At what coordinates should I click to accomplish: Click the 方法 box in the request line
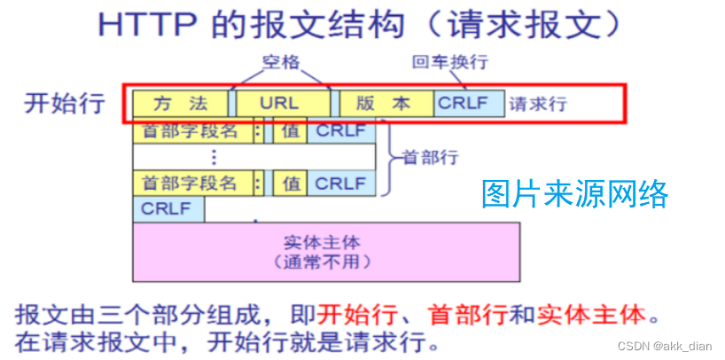[179, 104]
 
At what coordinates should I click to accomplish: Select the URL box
[279, 104]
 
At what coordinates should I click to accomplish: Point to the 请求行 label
[538, 105]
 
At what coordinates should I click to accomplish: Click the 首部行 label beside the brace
[430, 158]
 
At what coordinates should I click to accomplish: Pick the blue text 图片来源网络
[575, 193]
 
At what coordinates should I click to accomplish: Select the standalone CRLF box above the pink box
[168, 210]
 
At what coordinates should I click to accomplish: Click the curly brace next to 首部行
[391, 158]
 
